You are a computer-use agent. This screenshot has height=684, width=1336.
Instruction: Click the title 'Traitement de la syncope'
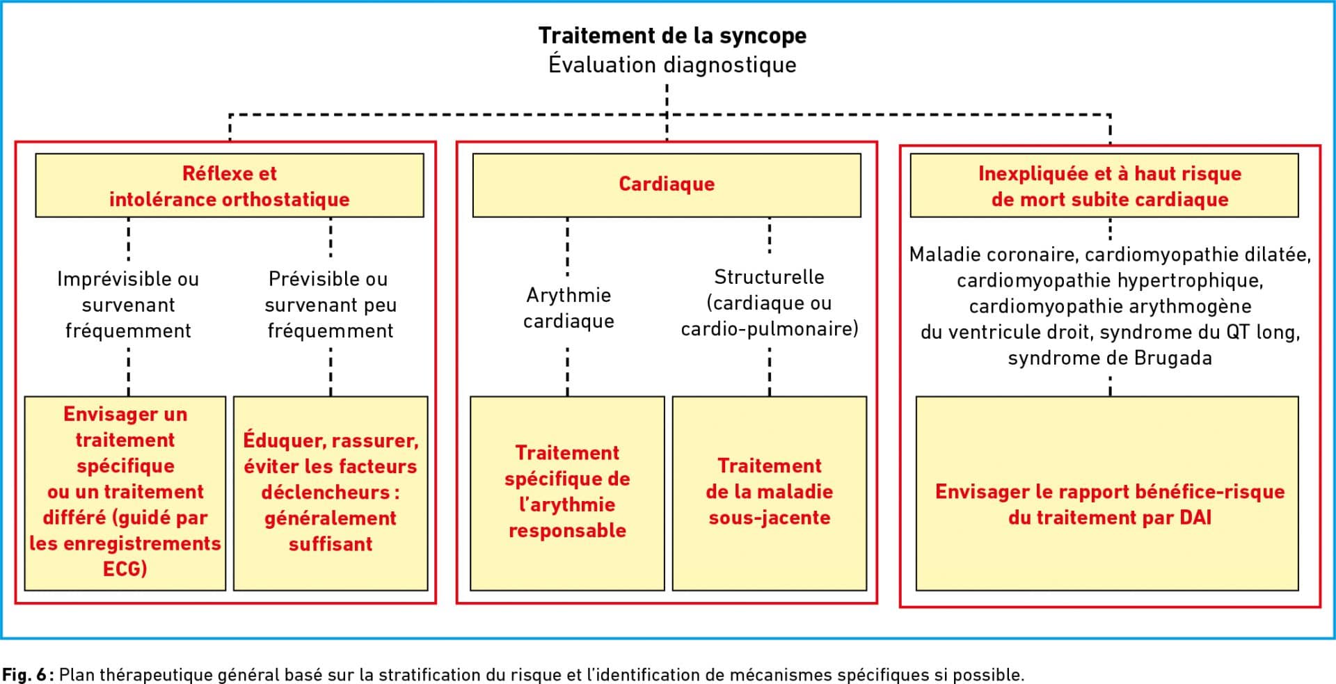tap(672, 35)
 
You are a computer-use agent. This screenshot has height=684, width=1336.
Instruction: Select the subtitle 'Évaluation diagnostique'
tap(672, 65)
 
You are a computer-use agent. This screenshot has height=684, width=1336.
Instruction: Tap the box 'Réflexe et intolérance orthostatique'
tap(230, 186)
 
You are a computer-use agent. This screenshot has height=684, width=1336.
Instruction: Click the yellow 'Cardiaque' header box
tap(667, 186)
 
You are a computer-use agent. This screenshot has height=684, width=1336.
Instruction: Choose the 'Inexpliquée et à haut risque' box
tap(1104, 186)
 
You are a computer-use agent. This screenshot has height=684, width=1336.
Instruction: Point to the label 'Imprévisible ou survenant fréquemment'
tap(128, 305)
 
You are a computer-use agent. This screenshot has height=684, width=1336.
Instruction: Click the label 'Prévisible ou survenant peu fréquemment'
tap(331, 305)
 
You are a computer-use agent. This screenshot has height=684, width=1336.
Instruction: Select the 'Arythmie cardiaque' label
tap(568, 308)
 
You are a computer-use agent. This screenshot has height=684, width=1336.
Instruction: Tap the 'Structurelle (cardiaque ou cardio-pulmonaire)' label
tap(770, 303)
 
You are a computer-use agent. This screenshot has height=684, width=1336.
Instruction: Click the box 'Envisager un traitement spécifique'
tap(125, 493)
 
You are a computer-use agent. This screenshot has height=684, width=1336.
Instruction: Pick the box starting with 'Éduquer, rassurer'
tap(331, 493)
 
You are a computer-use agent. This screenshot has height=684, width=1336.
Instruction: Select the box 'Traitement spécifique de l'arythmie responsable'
tap(567, 493)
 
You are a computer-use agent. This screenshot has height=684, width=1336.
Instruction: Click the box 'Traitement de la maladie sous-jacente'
tap(770, 493)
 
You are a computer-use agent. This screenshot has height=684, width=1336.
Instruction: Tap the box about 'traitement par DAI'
tap(1107, 493)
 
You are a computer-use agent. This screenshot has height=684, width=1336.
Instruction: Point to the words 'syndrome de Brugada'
tap(1110, 358)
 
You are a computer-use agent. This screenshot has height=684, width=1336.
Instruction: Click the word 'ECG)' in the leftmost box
tap(125, 569)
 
